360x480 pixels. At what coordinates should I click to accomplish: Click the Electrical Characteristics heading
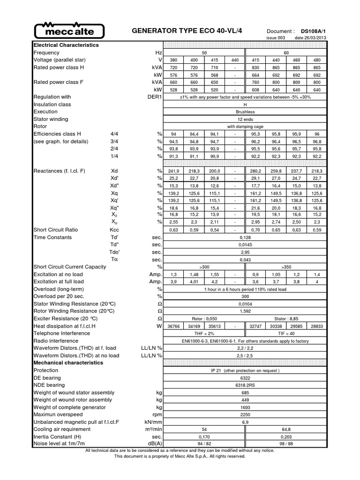66,45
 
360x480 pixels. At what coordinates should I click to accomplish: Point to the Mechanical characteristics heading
68,363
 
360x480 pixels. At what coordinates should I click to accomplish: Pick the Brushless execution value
246,112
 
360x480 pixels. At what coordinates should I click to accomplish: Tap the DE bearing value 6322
246,378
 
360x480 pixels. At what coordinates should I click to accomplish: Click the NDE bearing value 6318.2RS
246,385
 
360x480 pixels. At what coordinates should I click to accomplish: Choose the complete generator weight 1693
246,408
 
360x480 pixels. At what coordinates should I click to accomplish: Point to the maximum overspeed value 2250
246,415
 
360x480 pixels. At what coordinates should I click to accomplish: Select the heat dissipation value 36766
174,326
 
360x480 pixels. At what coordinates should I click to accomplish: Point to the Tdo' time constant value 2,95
246,252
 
